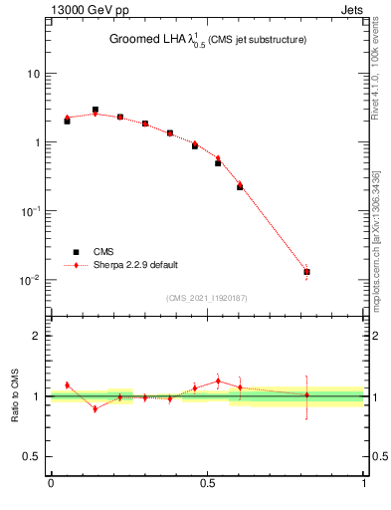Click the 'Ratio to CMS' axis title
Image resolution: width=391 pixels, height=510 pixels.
point(16,396)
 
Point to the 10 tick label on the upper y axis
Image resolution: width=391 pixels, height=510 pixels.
point(33,74)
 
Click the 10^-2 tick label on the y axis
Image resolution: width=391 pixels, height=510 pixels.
point(30,280)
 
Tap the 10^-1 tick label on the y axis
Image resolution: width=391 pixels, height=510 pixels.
point(30,211)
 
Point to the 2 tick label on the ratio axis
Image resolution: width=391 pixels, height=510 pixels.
point(37,336)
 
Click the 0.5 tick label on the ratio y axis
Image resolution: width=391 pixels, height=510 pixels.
point(33,457)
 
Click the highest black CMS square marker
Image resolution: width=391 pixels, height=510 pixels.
point(96,110)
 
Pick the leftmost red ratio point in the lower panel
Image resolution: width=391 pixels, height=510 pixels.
point(67,384)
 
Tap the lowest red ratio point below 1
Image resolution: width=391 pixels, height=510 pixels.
point(96,408)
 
